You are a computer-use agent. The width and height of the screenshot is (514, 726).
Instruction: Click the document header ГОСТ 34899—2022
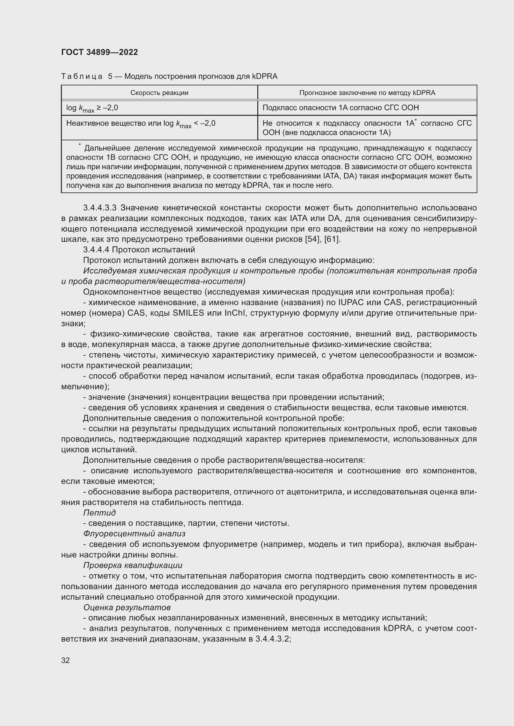(x=99, y=52)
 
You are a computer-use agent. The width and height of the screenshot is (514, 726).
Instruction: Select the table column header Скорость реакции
(x=159, y=92)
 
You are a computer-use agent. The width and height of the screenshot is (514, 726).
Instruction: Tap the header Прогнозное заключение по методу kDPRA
(x=367, y=92)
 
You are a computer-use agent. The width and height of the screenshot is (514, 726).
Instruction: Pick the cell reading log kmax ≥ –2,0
(x=92, y=108)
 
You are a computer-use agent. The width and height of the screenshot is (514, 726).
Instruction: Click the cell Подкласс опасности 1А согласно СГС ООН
(x=341, y=108)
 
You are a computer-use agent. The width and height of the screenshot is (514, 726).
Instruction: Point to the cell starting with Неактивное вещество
(x=140, y=124)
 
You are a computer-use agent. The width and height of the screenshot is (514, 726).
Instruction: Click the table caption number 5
(x=110, y=76)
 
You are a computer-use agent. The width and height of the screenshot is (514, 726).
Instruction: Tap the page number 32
(x=66, y=660)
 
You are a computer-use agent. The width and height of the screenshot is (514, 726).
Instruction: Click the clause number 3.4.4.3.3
(x=100, y=208)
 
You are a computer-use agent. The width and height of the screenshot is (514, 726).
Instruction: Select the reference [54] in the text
(x=312, y=239)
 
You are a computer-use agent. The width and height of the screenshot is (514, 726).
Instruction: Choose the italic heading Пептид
(x=99, y=512)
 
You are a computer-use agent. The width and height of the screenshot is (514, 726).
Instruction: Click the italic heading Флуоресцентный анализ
(x=134, y=534)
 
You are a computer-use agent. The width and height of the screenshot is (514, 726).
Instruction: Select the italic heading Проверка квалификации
(x=133, y=565)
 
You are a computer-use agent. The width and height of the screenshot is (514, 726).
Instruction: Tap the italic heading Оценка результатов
(x=127, y=607)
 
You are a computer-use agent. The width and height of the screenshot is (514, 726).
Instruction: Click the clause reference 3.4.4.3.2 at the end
(x=273, y=639)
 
